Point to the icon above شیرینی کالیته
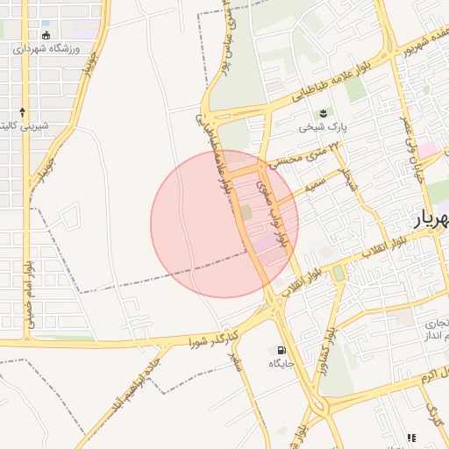point(22,112)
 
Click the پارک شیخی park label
point(322,127)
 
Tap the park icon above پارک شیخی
point(322,114)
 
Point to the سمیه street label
point(313,187)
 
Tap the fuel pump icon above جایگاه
point(281,349)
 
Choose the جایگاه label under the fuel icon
point(281,362)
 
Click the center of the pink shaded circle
point(224,224)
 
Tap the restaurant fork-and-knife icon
point(410,438)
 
